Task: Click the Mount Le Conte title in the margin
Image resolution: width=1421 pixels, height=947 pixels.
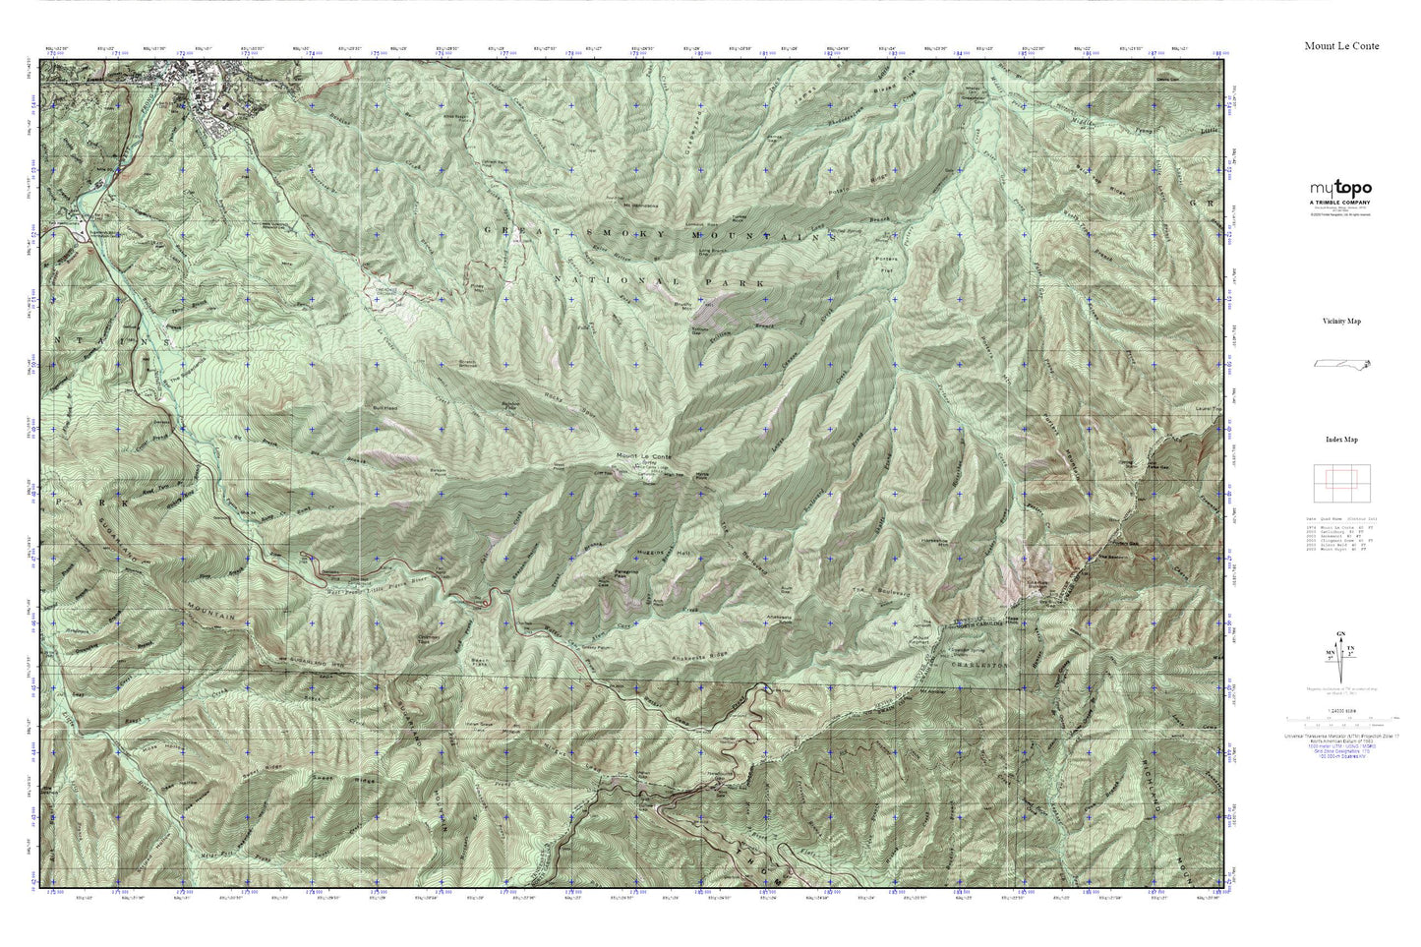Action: pyautogui.click(x=1340, y=46)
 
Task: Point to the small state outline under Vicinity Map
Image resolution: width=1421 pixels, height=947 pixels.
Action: pyautogui.click(x=1342, y=364)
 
